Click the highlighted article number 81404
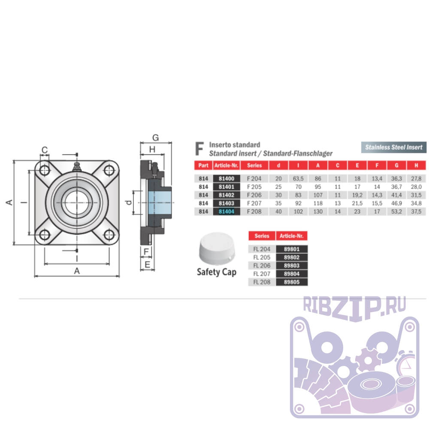226,211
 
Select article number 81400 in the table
226,178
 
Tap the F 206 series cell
254,195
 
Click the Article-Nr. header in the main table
226,165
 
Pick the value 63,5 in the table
298,178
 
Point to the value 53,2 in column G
396,211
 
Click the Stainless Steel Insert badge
394,147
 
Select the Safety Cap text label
216,272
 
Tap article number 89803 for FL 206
292,266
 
